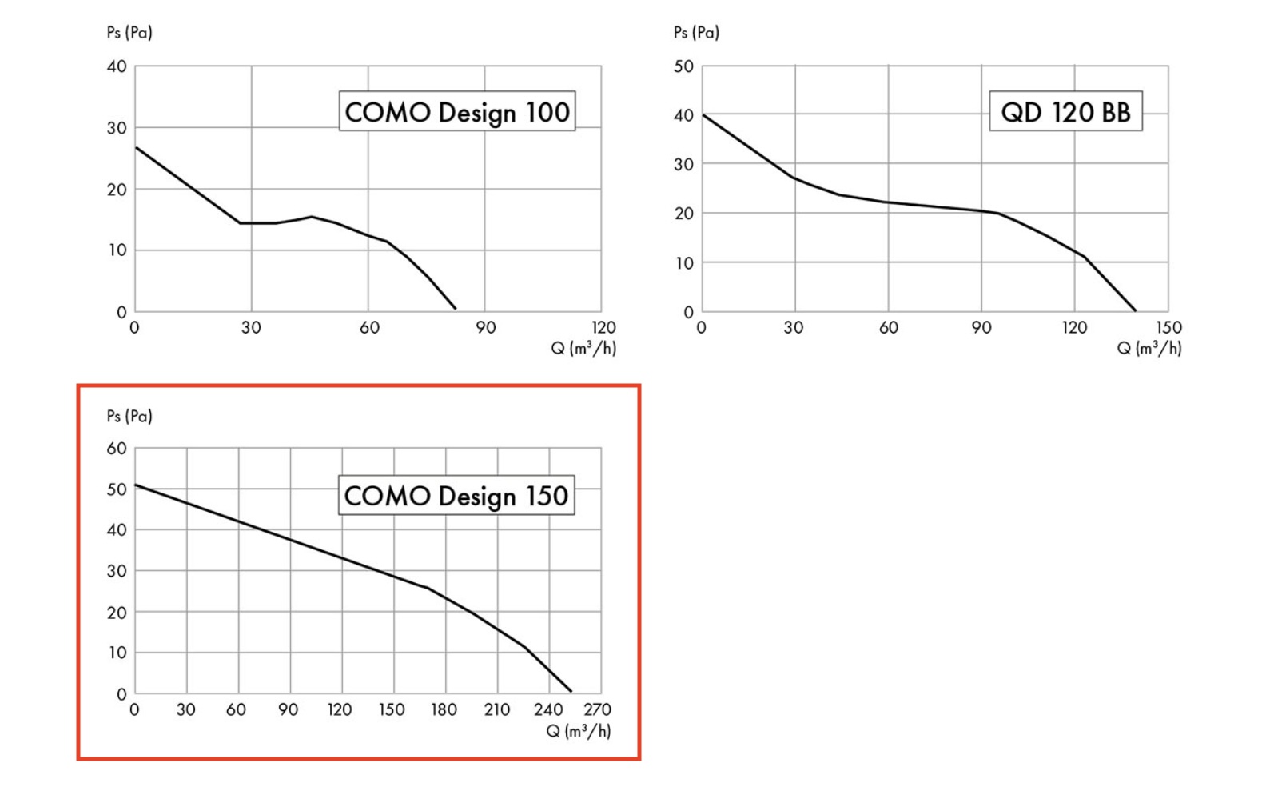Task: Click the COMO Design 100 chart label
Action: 456,111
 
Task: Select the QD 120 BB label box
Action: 1065,111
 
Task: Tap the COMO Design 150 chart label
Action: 456,495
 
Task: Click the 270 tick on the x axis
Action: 597,709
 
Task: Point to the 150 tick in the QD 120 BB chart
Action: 1168,327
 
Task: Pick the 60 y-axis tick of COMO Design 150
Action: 117,449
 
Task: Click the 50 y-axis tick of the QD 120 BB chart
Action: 683,66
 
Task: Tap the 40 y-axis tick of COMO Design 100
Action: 117,66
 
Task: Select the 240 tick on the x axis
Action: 548,709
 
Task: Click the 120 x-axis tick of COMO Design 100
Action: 603,327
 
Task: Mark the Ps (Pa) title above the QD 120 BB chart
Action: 696,32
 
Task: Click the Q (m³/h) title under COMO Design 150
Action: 579,731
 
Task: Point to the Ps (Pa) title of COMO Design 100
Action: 129,32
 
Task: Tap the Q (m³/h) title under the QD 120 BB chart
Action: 1149,348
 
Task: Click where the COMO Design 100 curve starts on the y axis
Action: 136,147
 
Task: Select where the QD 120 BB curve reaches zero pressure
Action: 1135,310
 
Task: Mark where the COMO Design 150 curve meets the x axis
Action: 571,692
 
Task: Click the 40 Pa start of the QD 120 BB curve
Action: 703,115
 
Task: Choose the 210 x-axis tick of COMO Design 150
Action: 496,709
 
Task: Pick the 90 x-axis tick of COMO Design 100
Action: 485,327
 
